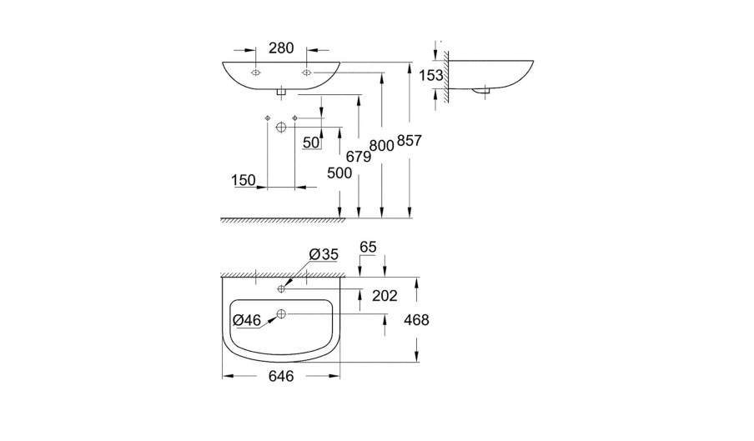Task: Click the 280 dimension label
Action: coord(281,48)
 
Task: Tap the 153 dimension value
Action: coord(431,75)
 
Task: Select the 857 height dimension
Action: coord(409,141)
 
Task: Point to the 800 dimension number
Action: coord(382,146)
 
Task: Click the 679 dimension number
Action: coord(359,157)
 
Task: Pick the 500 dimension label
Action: coord(339,173)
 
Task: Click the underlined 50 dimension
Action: coord(311,143)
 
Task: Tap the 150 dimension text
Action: coord(244,180)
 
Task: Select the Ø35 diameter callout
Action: coord(324,254)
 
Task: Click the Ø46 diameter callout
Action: coord(246,320)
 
